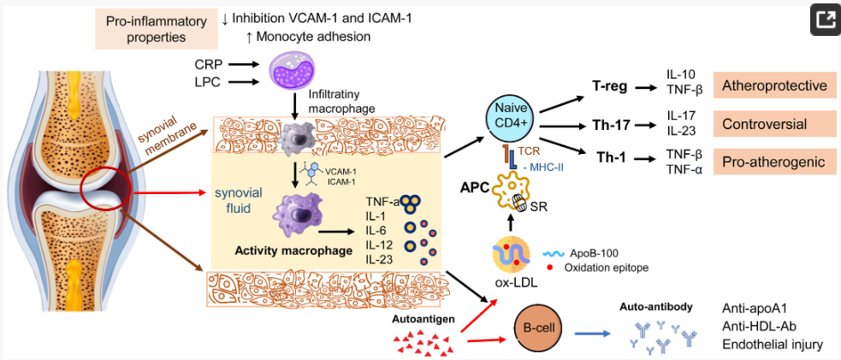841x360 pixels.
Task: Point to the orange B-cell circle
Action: click(x=536, y=328)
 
